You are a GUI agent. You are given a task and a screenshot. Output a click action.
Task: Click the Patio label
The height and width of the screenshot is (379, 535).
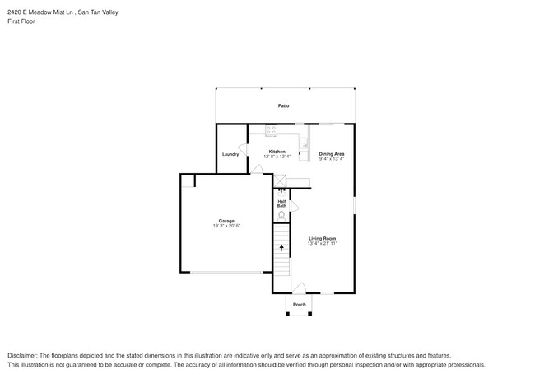click(x=283, y=106)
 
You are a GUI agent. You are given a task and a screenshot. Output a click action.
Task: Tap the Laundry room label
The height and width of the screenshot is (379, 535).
click(x=230, y=154)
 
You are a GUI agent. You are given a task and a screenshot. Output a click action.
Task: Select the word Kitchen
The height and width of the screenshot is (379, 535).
click(x=277, y=151)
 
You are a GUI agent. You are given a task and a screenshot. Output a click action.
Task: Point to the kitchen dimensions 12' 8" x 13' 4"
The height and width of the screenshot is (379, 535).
click(x=277, y=157)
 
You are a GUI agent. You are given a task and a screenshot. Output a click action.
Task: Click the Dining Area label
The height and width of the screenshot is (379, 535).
click(x=332, y=154)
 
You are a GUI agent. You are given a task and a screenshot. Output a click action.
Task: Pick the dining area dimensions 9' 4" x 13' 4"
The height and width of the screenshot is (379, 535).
click(x=332, y=159)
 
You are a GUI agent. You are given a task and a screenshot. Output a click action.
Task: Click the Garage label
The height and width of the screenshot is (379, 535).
click(x=226, y=220)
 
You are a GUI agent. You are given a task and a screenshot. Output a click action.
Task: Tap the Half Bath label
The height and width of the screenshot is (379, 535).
click(x=281, y=204)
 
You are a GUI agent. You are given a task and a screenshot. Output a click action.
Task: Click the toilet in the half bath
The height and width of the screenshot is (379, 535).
click(x=282, y=216)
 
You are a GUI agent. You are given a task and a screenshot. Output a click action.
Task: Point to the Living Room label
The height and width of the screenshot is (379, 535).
click(x=323, y=238)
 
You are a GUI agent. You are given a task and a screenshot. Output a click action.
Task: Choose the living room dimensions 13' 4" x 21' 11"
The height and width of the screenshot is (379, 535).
click(x=323, y=244)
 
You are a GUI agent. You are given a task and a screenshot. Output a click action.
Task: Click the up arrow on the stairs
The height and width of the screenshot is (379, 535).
click(x=282, y=246)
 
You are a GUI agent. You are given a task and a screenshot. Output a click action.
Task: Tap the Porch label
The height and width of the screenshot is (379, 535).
click(x=300, y=305)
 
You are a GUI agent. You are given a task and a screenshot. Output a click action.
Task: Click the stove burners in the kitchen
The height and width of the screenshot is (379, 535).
click(x=272, y=129)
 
